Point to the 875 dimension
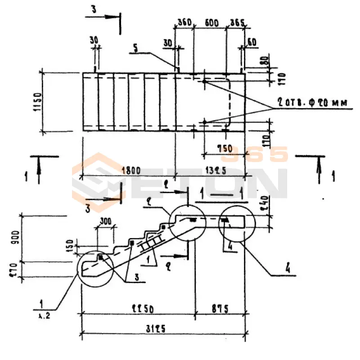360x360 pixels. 220,309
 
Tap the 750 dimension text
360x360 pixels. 224,148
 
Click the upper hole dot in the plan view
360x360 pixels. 204,81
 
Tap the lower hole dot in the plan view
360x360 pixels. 204,122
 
